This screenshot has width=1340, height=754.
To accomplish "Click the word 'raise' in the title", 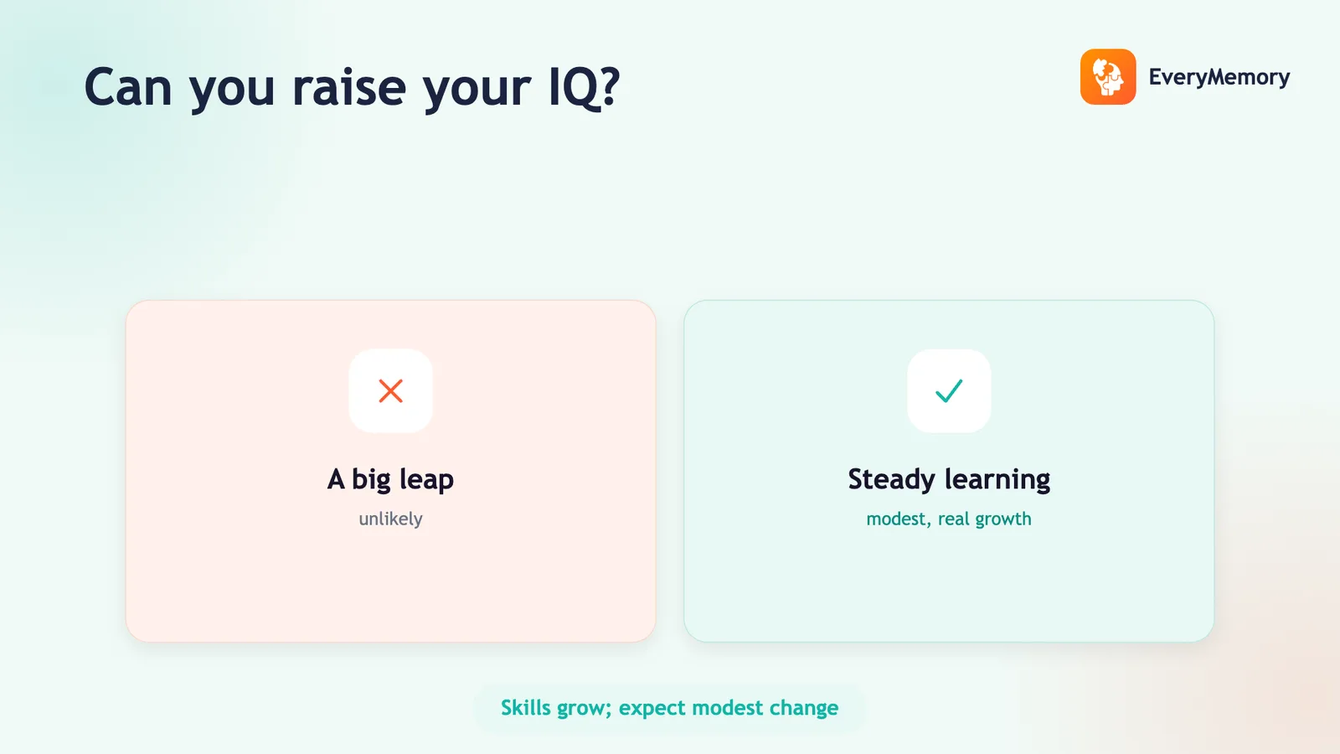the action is click(348, 87).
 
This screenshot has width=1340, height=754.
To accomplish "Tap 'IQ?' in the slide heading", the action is click(584, 88).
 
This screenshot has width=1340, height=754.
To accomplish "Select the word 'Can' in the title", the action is click(128, 87).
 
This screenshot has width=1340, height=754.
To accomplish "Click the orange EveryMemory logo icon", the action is click(1108, 76).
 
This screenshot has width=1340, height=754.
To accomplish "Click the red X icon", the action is click(390, 390).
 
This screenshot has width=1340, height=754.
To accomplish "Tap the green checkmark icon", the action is click(949, 390).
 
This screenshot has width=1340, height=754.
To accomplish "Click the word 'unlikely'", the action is click(390, 519).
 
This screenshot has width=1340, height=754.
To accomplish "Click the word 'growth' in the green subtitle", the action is click(1003, 519).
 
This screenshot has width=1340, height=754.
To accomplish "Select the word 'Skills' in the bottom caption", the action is click(526, 707).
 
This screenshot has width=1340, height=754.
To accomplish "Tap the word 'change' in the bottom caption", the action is click(804, 708).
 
